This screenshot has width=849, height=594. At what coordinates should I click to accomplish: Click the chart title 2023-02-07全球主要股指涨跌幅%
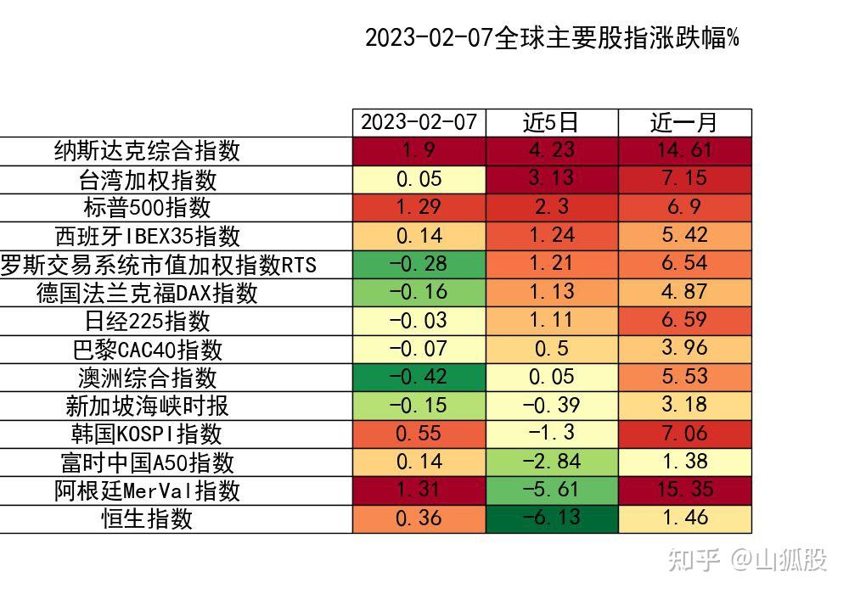tap(551, 38)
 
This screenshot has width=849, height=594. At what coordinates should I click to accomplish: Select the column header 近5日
tap(552, 123)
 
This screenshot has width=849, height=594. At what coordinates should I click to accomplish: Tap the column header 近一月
tap(684, 123)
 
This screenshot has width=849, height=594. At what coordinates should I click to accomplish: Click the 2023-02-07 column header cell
tap(419, 123)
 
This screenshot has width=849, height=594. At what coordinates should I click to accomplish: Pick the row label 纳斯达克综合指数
tap(147, 151)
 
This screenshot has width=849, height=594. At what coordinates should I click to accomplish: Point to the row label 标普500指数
tap(147, 208)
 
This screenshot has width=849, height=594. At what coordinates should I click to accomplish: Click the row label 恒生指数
tap(147, 518)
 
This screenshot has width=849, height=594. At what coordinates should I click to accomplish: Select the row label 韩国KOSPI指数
tap(147, 434)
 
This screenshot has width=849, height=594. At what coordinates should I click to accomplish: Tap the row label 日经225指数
tap(147, 321)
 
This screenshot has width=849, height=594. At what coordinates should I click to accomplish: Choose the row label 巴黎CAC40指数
tap(147, 349)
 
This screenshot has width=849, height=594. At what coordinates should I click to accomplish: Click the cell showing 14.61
tap(684, 151)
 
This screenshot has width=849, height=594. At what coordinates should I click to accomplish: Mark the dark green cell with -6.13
tap(552, 518)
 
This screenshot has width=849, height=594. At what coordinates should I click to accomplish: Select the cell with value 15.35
tap(684, 490)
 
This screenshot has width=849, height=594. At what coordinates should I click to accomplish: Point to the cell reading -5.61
tap(552, 490)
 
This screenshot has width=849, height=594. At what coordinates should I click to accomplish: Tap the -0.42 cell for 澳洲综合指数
tap(419, 378)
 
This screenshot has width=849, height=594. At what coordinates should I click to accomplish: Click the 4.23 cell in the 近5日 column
tap(552, 151)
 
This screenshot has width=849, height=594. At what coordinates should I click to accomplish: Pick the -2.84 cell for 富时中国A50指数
tap(552, 462)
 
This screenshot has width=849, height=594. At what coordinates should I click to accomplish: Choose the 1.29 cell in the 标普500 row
tap(419, 208)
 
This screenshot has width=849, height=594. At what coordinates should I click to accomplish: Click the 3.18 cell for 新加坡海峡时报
tap(684, 406)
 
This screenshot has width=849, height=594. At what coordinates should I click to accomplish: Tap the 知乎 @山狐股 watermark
tap(747, 559)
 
